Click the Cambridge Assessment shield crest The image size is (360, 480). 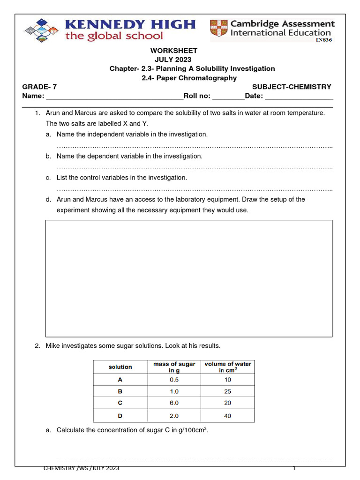tap(219, 29)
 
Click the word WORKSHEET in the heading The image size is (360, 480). tap(173, 51)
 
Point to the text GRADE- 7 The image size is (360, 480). tap(40, 87)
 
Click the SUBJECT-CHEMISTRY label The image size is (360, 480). tap(292, 87)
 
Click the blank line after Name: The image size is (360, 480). tap(114, 97)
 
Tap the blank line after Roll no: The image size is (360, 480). tap(228, 97)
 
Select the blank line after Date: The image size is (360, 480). tap(299, 97)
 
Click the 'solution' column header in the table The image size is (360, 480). tap(120, 367)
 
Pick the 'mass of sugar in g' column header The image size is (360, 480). tap(174, 367)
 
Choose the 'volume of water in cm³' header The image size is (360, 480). tap(228, 367)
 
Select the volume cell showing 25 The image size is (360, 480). tap(228, 391)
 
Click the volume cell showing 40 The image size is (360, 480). tap(228, 416)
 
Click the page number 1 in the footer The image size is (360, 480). tap(294, 469)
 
